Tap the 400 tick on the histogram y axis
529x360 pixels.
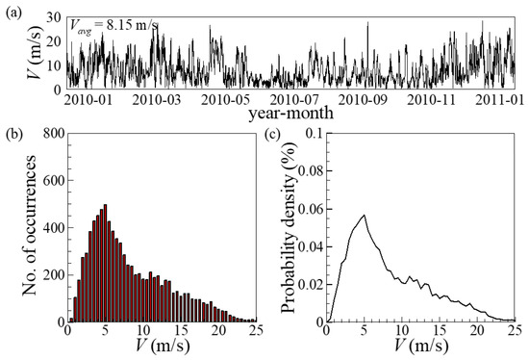tap(50, 229)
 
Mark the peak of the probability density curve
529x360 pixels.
tap(364, 216)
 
